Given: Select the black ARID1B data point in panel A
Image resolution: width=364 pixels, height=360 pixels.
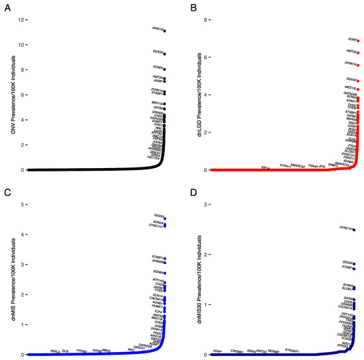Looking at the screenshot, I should [x=165, y=30].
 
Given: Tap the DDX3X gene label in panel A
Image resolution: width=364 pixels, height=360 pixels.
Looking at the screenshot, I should [x=158, y=52].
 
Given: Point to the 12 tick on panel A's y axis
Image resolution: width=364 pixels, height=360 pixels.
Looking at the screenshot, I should [x=21, y=20].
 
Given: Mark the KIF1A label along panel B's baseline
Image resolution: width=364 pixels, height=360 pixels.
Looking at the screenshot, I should [x=265, y=167].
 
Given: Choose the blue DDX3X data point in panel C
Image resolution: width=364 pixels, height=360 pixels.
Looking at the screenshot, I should [x=165, y=218].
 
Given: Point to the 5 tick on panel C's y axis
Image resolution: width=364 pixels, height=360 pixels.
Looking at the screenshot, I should [x=21, y=204].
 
